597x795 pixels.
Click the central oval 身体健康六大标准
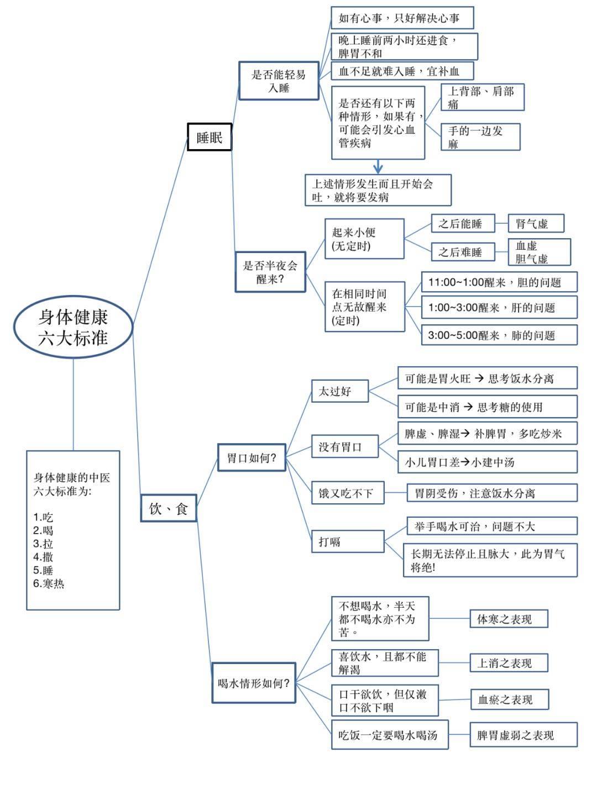pos(73,327)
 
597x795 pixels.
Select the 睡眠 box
pos(210,137)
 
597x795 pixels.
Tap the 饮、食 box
pos(169,508)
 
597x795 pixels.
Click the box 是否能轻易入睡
pos(279,81)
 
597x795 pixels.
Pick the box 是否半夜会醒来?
pos(270,272)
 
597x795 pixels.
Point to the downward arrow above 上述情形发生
pos(378,167)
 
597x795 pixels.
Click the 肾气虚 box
pos(536,223)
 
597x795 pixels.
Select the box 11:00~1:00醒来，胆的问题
pos(499,282)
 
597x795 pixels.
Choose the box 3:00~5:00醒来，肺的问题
pos(499,335)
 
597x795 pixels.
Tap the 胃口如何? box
pos(252,457)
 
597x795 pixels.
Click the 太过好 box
pos(340,391)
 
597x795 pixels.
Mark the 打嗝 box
pos(348,541)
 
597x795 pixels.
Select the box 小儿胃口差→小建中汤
pos(487,462)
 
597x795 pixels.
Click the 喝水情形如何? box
pos(254,683)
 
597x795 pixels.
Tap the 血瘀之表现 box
pos(509,699)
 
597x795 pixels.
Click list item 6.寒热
pos(49,583)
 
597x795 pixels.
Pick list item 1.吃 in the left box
pos(43,517)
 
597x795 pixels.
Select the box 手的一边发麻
pos(480,137)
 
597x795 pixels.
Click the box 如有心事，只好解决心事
pos(402,18)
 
